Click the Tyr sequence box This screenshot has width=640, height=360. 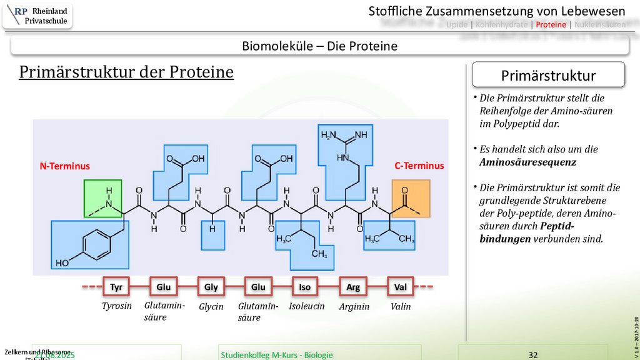pos(116,287)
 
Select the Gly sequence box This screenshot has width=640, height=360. pos(211,287)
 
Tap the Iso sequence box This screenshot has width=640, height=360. pos(304,287)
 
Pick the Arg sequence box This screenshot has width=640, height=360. pos(352,287)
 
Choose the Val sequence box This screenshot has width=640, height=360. pos(400,287)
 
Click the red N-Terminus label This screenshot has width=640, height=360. pos(65,166)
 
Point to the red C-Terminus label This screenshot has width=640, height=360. pos(419,166)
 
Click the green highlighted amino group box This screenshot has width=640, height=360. pos(102,198)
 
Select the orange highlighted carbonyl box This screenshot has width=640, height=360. pos(411,198)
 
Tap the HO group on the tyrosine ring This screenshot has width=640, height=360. pos(62,263)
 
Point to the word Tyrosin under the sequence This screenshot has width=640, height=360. pos(117,306)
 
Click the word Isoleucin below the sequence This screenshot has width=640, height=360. pos(306,306)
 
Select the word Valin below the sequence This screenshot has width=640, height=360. pos(401,306)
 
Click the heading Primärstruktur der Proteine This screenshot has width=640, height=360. pos(126,72)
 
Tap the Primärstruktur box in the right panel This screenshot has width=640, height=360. pos(548,76)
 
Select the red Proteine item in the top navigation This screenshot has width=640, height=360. pos(551,24)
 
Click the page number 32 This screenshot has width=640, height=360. pos(532,354)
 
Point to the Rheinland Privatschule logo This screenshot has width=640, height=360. pos(37,16)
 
